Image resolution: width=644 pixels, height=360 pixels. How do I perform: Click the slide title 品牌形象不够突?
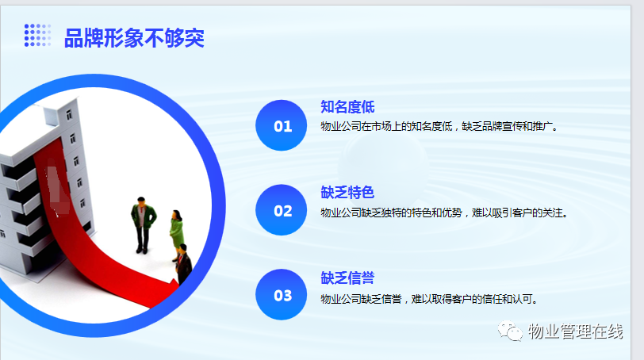[134, 38]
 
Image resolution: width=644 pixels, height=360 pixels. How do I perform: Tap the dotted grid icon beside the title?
[38, 35]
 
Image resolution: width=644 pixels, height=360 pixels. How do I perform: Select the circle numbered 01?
[282, 125]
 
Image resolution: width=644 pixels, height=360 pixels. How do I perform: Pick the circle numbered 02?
[282, 210]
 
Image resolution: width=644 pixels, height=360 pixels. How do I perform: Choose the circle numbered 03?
[282, 294]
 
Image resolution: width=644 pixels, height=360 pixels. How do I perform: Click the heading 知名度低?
[347, 107]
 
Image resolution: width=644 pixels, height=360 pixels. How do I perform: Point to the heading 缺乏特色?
[347, 192]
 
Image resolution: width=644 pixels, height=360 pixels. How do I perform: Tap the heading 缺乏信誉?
[347, 278]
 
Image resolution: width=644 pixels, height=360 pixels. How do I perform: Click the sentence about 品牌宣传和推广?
[439, 126]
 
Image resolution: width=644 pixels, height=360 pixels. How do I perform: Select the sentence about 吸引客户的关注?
[444, 213]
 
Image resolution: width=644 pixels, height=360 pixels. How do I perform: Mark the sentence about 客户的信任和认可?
[429, 299]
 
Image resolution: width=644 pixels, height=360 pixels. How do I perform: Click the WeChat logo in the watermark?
[510, 331]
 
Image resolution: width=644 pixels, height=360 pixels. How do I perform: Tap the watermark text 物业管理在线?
[576, 331]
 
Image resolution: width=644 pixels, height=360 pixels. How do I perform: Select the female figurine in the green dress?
[177, 235]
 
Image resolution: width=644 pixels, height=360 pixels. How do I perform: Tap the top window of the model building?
[69, 114]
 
